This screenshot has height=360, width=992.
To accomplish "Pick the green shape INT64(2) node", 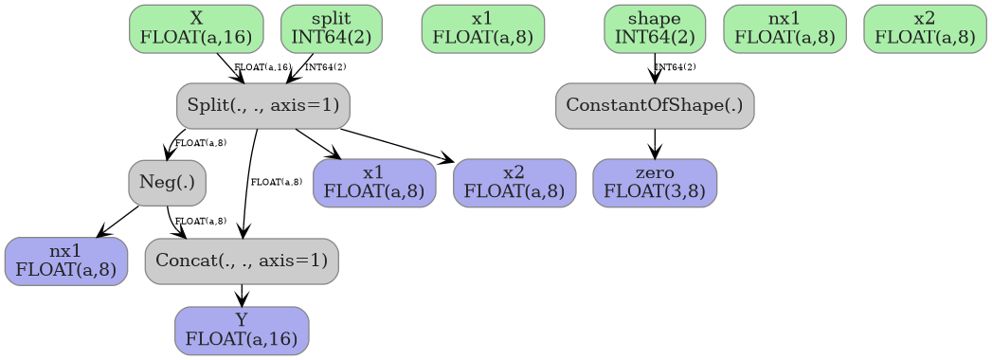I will tap(655, 28).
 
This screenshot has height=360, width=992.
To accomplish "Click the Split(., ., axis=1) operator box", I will tap(262, 105).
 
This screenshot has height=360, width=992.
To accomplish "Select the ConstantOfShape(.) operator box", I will tap(655, 105).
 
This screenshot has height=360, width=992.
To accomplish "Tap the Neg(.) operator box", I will tap(167, 183).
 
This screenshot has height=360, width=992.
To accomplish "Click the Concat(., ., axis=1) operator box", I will tap(242, 261).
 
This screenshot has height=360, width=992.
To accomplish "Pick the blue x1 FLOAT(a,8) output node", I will tap(374, 183).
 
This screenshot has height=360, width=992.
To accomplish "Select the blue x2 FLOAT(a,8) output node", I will tap(514, 183).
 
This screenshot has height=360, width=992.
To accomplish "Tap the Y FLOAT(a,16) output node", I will tap(242, 331).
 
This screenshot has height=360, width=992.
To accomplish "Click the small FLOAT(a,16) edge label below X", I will tap(262, 67).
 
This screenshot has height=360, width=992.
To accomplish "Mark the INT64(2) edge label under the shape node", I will tap(676, 67).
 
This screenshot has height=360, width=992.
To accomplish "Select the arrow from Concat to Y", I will tap(242, 296).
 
